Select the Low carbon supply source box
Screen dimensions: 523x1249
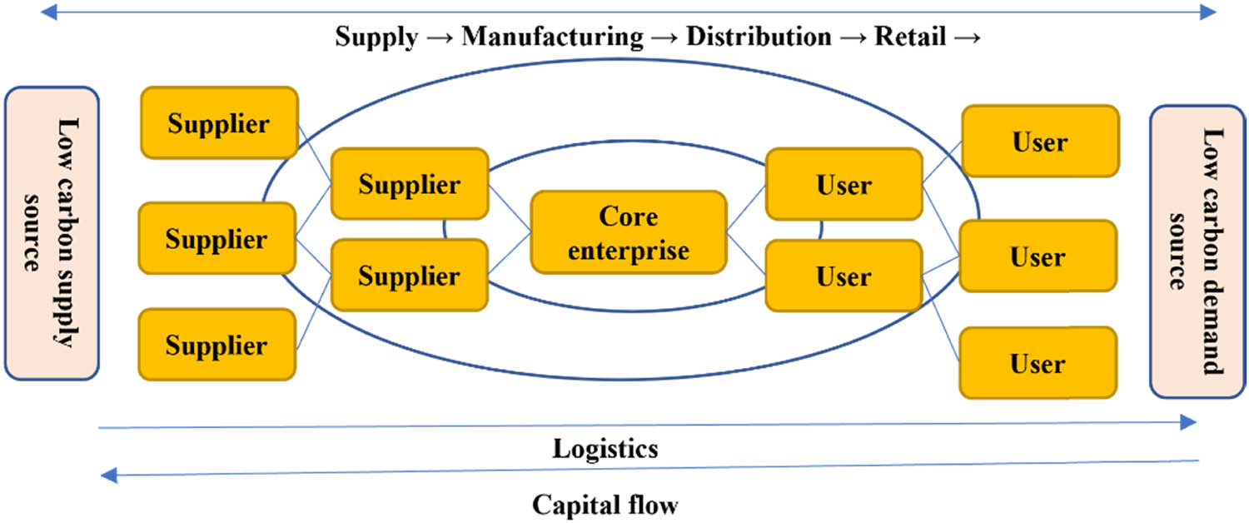tap(52, 233)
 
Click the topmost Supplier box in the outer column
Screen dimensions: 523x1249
tap(219, 122)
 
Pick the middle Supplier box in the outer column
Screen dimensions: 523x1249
tap(216, 238)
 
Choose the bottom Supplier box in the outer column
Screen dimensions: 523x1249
tap(216, 345)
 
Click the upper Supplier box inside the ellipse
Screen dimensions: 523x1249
tap(409, 184)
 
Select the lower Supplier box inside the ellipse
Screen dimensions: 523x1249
tap(409, 275)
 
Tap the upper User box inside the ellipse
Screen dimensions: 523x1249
tap(843, 184)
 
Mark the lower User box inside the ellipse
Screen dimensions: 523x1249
tap(843, 276)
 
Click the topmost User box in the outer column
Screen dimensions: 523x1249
tap(1039, 142)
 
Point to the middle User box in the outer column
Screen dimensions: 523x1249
tap(1038, 256)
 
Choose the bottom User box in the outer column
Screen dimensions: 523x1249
tap(1038, 363)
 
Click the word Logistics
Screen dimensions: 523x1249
tap(605, 449)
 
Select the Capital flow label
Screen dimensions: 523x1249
tap(605, 505)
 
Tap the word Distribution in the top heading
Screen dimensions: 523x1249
tap(759, 37)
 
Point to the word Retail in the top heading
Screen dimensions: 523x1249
tap(909, 37)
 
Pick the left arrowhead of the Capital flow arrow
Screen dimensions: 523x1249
tap(107, 476)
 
